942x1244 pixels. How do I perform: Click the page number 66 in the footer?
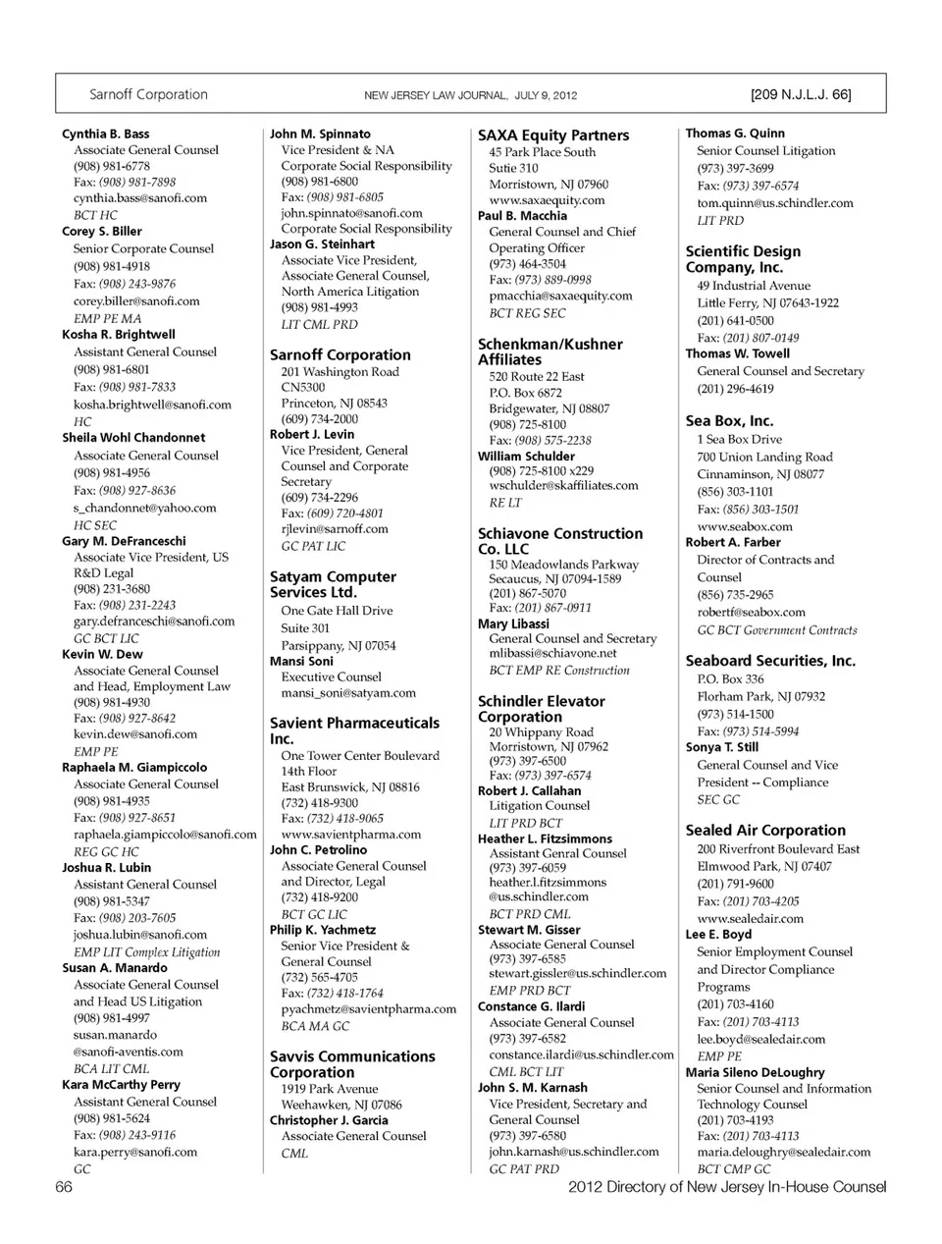click(64, 1187)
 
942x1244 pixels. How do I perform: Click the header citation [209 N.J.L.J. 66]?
click(801, 95)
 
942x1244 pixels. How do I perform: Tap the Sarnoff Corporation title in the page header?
click(148, 95)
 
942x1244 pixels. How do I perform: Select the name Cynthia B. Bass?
click(106, 134)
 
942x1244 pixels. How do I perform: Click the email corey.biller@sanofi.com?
click(136, 301)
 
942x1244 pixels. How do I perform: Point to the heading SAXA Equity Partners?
click(553, 135)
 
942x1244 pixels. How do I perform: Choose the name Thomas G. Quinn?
click(735, 134)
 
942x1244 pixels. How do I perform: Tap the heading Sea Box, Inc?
click(729, 420)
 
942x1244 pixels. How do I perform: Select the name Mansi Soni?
click(302, 661)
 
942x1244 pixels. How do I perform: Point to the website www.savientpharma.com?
click(351, 835)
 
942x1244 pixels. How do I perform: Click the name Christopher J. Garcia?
click(329, 1120)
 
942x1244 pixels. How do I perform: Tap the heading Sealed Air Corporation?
click(765, 830)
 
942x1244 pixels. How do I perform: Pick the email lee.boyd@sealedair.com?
click(761, 1039)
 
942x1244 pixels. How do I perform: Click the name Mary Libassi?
click(513, 623)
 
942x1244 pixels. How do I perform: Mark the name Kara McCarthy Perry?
click(121, 1085)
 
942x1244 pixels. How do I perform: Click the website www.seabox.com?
click(745, 526)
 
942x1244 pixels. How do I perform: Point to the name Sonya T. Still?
click(722, 747)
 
